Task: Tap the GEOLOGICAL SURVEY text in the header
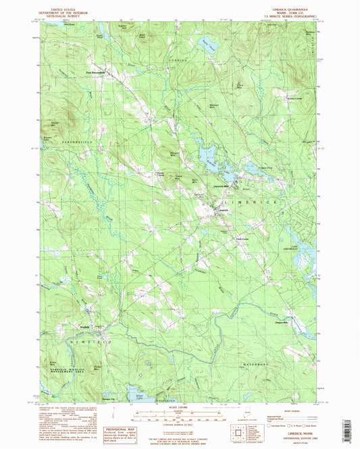(64, 16)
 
